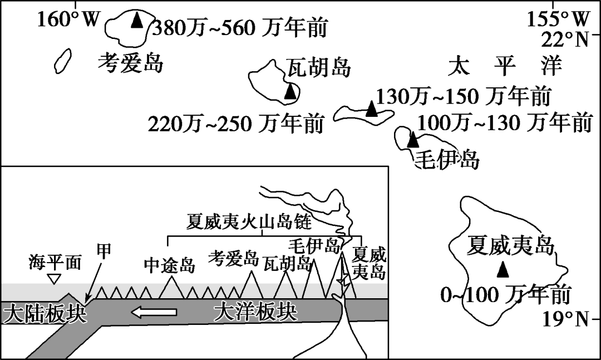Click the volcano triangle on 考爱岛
136,21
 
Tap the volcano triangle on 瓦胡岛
290,92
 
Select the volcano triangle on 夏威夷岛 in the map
503,270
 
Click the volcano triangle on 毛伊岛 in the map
412,140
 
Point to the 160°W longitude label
68,20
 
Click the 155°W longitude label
558,19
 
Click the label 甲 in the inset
104,251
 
